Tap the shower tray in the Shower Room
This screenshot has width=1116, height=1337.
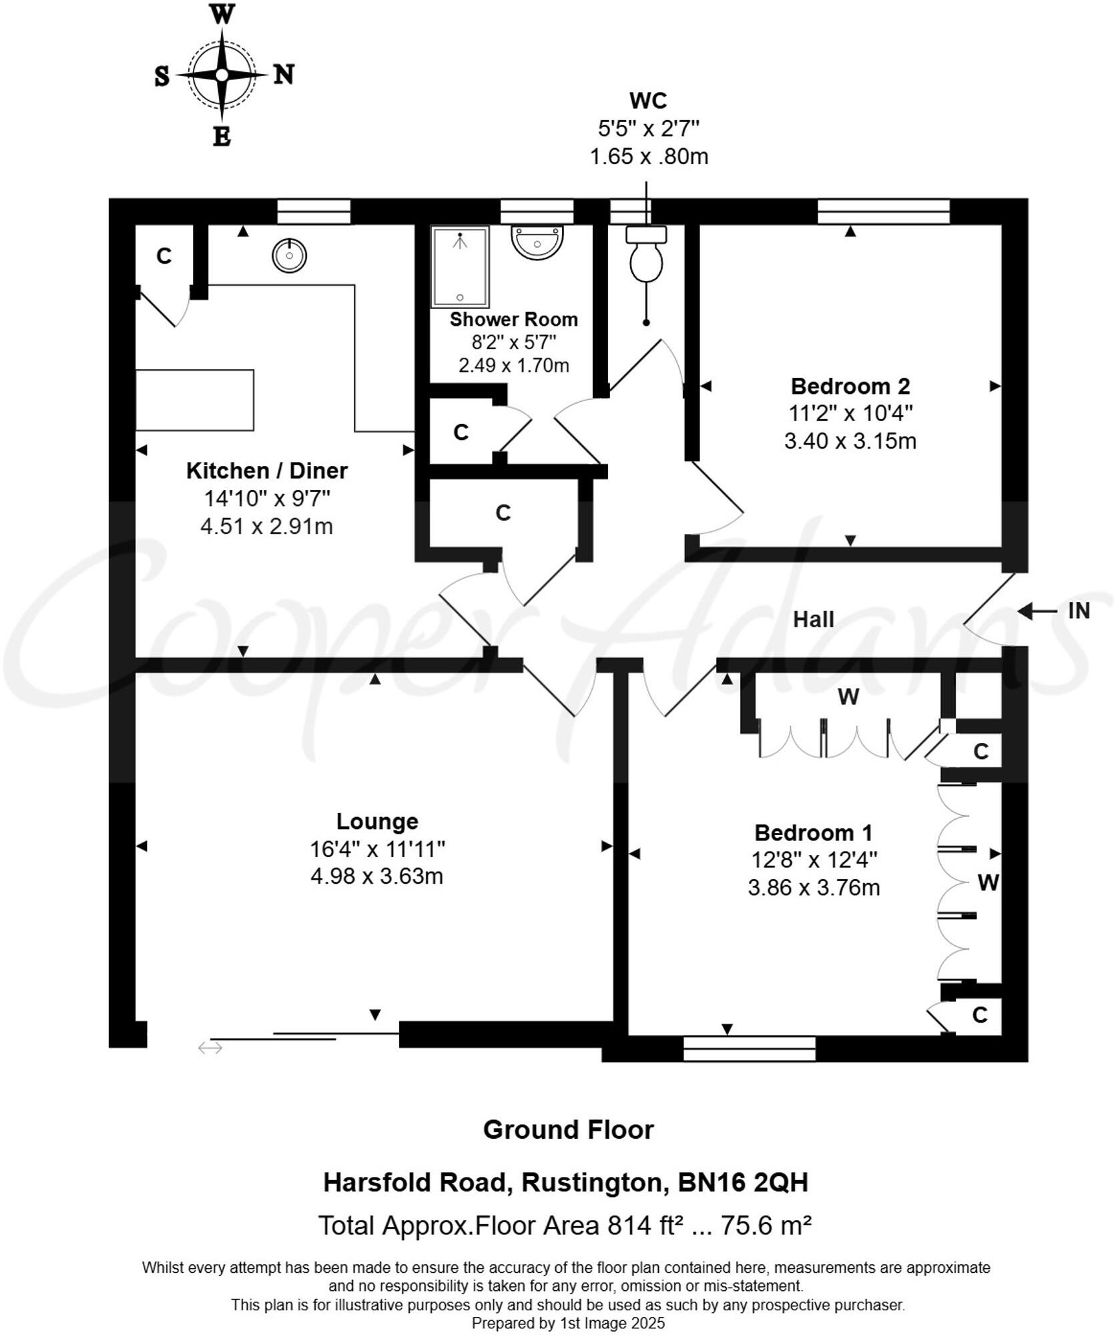point(460,267)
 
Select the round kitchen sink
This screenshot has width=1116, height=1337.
point(290,255)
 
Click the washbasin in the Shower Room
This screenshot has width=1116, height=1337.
point(537,241)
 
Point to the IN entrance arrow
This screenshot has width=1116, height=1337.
point(1039,611)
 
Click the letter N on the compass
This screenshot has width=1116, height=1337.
point(284,74)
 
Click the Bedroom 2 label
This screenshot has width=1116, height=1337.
point(850,386)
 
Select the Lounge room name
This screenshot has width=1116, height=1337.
point(377,821)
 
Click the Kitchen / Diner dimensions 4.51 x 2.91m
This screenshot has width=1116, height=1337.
point(266,526)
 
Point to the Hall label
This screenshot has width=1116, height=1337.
point(813,619)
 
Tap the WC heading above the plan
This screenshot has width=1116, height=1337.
point(648,101)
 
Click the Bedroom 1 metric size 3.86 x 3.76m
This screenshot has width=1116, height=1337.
point(813,888)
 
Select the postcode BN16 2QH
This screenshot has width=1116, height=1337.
point(743,1182)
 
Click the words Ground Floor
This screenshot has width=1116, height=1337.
point(568,1129)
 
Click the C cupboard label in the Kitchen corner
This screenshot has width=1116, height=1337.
point(164,256)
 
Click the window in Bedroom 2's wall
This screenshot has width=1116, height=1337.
point(883,212)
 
